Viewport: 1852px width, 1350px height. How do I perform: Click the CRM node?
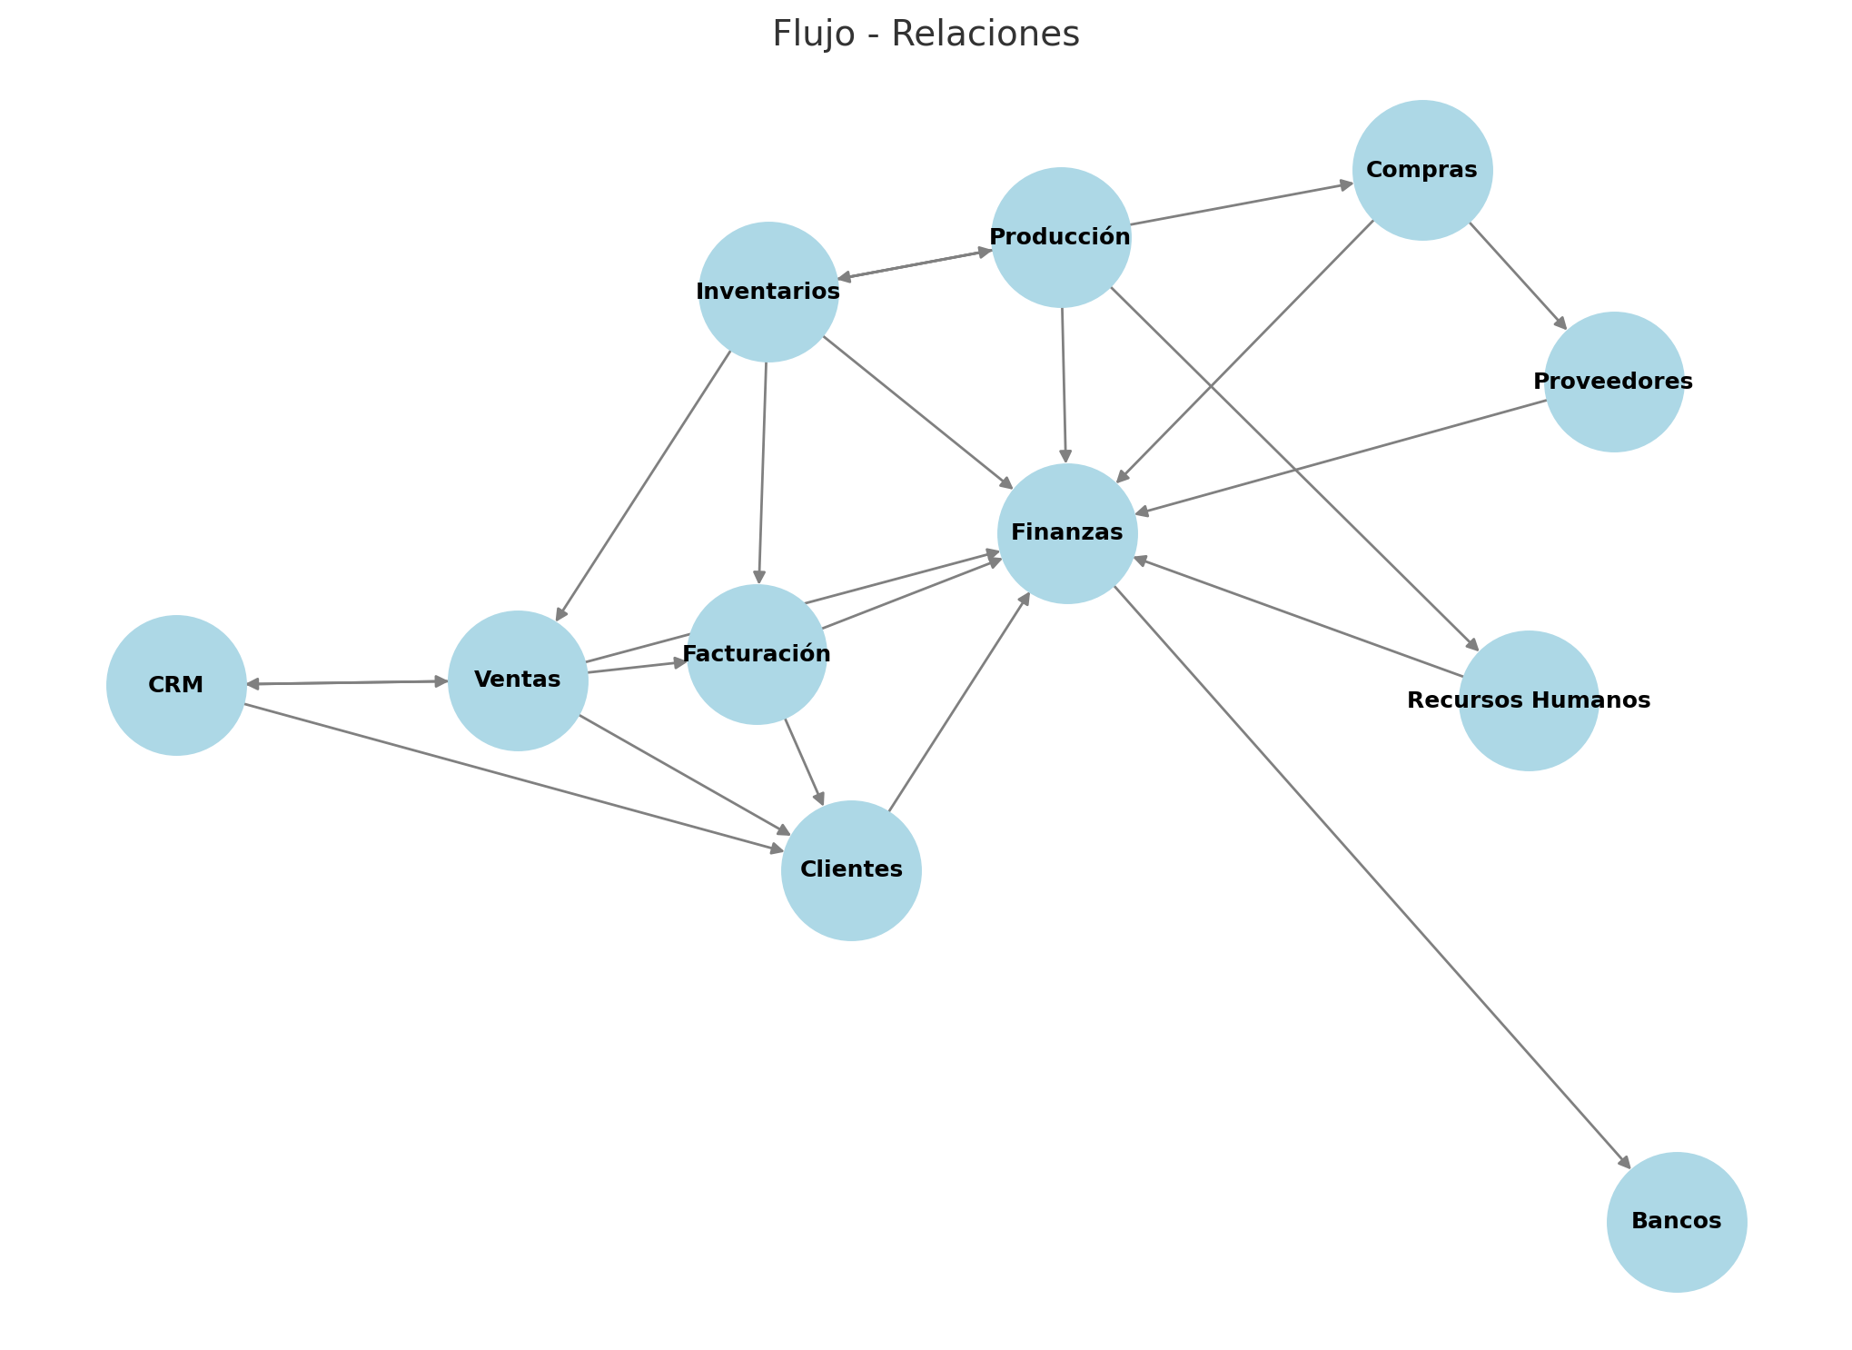tap(176, 685)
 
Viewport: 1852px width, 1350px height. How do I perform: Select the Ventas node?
tap(518, 680)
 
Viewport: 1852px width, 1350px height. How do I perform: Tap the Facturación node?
tap(757, 654)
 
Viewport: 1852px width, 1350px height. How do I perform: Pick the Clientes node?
tap(851, 870)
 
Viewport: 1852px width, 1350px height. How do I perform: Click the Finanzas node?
tap(1067, 533)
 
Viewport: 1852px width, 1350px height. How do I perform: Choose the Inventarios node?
tap(768, 292)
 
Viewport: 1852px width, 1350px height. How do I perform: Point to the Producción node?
tap(1061, 237)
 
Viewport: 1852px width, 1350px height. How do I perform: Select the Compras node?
tap(1422, 170)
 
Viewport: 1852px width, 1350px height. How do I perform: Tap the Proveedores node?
tap(1614, 382)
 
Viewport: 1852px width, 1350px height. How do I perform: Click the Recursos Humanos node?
tap(1529, 700)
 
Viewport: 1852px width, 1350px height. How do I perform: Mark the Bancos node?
tap(1677, 1222)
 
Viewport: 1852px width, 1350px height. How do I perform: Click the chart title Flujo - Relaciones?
tap(926, 35)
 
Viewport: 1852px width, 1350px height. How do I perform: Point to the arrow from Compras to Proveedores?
tap(1518, 276)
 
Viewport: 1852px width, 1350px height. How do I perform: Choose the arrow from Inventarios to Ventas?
tap(644, 485)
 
